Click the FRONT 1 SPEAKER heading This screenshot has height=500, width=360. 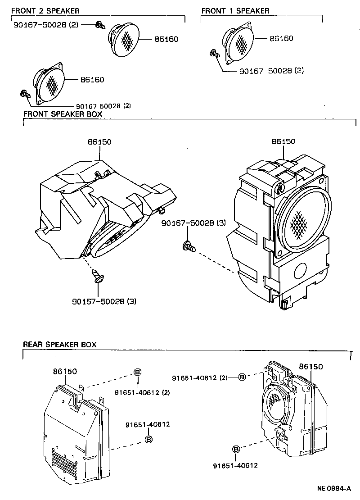235,10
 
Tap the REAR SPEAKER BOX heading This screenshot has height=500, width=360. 59,345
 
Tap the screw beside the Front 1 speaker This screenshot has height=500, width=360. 215,55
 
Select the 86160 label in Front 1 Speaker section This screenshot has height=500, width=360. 281,38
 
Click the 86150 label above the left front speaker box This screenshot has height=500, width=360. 99,142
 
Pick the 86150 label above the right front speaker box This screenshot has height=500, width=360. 283,141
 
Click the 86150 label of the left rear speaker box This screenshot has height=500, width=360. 65,372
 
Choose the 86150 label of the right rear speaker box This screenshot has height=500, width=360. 311,367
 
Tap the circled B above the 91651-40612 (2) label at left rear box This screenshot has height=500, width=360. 138,372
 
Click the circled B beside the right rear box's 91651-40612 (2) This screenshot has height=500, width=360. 242,377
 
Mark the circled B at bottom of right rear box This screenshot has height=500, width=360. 236,449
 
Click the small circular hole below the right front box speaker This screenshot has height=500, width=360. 299,271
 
